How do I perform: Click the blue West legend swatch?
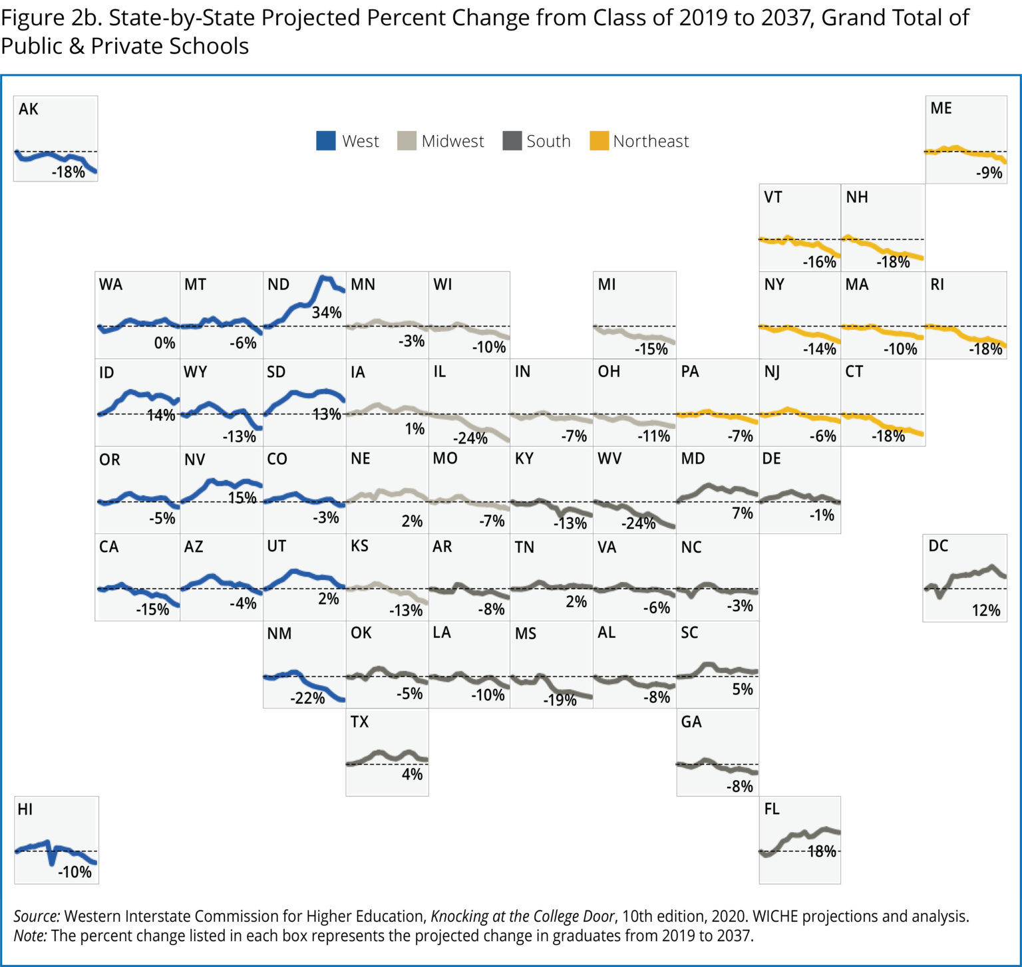click(325, 141)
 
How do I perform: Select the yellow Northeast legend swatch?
click(599, 141)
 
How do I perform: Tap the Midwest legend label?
click(452, 141)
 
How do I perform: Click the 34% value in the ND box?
click(327, 313)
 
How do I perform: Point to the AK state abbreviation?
click(29, 109)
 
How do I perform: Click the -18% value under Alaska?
click(69, 172)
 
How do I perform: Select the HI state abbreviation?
click(25, 809)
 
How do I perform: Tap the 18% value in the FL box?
click(822, 852)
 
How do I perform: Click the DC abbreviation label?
click(938, 546)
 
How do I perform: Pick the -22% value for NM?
click(307, 698)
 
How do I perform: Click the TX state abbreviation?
click(359, 722)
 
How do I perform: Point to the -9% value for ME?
click(989, 173)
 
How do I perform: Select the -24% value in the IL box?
click(470, 438)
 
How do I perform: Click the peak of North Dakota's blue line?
click(324, 278)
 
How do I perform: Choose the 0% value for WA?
click(164, 343)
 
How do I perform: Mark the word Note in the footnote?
click(30, 936)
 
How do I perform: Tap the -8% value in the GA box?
click(739, 787)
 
